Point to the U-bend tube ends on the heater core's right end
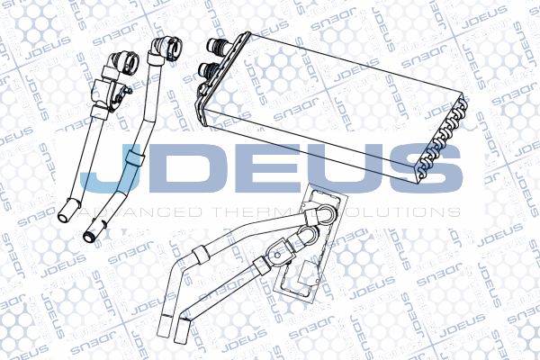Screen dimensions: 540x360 click(x=440, y=144)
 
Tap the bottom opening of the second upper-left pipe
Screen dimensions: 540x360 click(x=91, y=236)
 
